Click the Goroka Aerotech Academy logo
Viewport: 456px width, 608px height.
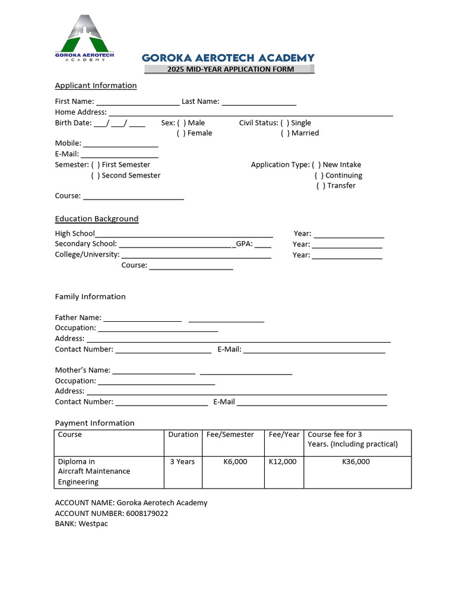(84, 38)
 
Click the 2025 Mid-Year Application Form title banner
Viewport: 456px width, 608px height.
(230, 69)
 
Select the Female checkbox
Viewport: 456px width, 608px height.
(180, 133)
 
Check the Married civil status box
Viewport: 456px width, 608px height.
(285, 133)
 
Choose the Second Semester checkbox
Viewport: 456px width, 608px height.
(95, 175)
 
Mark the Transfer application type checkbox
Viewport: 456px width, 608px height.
(321, 186)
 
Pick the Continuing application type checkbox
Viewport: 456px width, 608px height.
(319, 176)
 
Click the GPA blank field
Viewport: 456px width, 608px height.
(263, 245)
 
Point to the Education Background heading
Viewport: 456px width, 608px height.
(97, 218)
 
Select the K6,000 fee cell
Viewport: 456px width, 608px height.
(235, 461)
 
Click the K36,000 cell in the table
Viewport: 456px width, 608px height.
(356, 461)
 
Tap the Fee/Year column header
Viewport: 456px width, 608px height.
(284, 435)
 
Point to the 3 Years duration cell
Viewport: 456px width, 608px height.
(182, 461)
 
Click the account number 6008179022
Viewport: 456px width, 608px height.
(147, 513)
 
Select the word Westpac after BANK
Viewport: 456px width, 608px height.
(93, 524)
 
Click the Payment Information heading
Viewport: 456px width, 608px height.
(95, 423)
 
